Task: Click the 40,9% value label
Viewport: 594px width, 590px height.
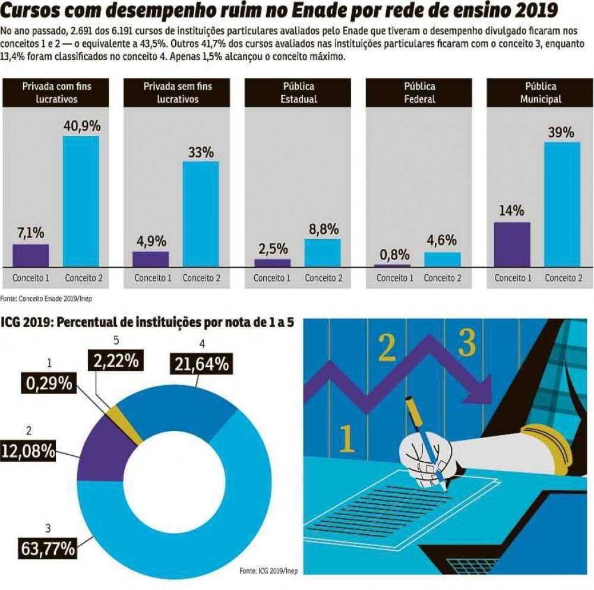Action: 81,126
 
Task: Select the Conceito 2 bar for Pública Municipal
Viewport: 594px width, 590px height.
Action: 562,204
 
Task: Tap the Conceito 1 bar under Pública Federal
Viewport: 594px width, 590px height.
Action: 392,265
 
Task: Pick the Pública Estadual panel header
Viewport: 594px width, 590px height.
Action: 299,93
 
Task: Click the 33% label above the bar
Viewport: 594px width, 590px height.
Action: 201,152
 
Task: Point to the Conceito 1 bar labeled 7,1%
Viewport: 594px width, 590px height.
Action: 31,255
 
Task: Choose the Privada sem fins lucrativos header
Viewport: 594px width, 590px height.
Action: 178,93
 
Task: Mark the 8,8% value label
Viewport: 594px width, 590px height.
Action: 323,229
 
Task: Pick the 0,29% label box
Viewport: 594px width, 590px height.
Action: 49,383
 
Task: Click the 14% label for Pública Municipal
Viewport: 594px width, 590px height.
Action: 511,211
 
